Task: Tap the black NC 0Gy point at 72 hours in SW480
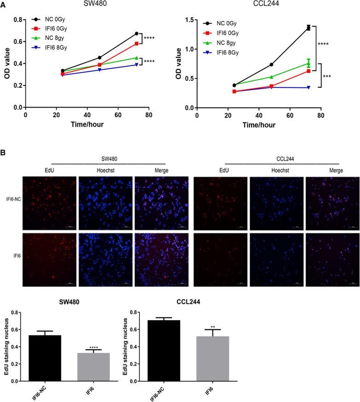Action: coord(137,34)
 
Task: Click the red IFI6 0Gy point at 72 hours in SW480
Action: coord(137,44)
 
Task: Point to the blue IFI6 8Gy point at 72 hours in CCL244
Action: coord(309,87)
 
